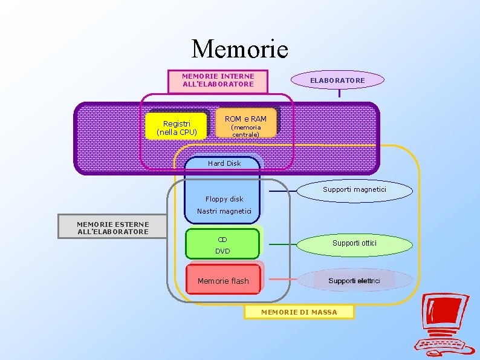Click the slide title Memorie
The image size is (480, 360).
coord(239,48)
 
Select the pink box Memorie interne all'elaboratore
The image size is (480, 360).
coord(218,81)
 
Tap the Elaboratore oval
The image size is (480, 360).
coord(337,80)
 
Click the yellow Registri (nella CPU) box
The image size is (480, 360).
coord(177,127)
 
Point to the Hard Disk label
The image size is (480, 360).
coord(224,163)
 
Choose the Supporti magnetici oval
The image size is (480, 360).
coord(354,190)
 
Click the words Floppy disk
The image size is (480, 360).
coord(224,199)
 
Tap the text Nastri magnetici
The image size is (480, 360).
coord(223,211)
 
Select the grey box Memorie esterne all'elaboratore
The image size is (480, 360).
coord(112,227)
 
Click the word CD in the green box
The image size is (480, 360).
coord(222,239)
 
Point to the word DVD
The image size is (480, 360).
coord(222,251)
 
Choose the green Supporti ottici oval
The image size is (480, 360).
coord(354,243)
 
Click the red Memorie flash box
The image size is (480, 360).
coord(223,280)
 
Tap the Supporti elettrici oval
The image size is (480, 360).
coord(354,281)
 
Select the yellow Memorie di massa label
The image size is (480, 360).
coord(299,312)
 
